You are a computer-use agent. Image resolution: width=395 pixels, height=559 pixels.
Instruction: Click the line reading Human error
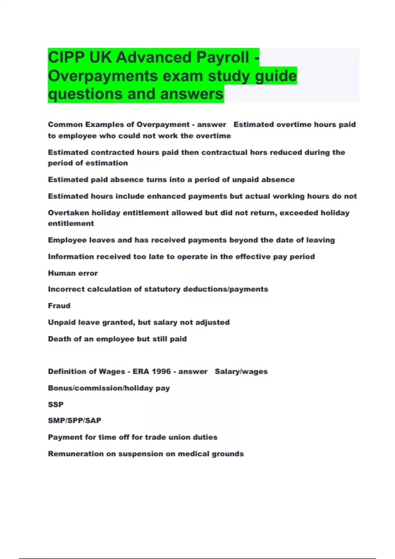pos(73,273)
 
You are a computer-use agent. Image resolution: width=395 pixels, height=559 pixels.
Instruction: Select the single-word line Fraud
pos(59,306)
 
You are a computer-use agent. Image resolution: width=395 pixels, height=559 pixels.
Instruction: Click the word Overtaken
pos(68,213)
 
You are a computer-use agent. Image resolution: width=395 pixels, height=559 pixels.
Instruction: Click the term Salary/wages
pos(241,372)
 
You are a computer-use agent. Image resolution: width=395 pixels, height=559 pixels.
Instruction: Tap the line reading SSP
pos(56,404)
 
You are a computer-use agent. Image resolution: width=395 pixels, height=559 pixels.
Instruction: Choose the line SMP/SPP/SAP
pos(75,421)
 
